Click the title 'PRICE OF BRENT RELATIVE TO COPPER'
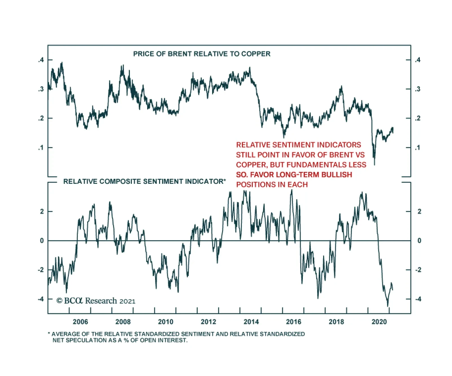202,54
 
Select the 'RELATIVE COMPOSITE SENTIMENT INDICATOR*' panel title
144,181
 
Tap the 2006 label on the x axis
80,322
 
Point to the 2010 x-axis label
166,322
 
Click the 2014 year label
251,322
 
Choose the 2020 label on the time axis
379,322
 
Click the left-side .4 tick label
41,60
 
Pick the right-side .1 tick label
418,147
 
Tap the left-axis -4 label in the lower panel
41,299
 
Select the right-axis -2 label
418,270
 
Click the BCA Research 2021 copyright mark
96,301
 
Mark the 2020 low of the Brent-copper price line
375,164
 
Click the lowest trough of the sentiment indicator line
388,306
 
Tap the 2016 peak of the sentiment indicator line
292,190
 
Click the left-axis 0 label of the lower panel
42,241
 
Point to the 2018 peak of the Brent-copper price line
342,86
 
